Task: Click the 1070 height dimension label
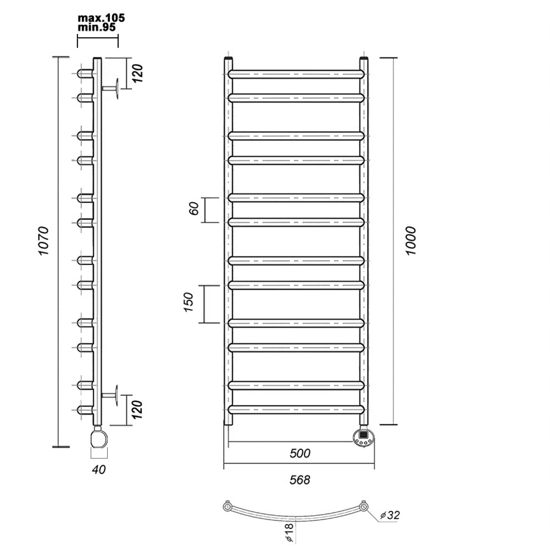(43, 241)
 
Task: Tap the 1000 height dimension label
(411, 241)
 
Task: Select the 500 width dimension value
(300, 453)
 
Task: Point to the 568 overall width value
(300, 480)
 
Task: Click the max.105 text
(101, 18)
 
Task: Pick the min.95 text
(97, 27)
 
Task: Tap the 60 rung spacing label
(194, 208)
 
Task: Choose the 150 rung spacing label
(188, 302)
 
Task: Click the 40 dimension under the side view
(99, 469)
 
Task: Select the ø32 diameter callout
(390, 515)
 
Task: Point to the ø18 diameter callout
(289, 532)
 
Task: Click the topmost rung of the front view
(296, 74)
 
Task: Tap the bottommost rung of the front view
(296, 410)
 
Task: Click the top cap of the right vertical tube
(364, 59)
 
